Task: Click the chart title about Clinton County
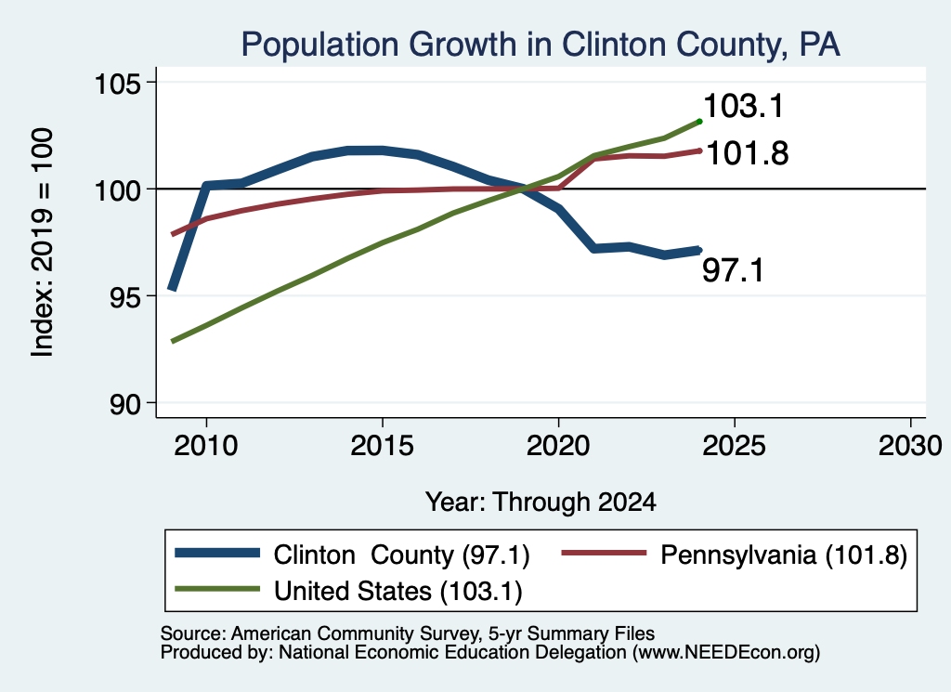[x=541, y=45]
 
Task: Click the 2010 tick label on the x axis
[x=206, y=447]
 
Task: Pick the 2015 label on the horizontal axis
[x=382, y=447]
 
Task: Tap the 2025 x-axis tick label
[x=734, y=447]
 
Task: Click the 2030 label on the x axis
[x=910, y=447]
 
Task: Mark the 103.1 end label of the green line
[x=744, y=106]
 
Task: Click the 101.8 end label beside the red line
[x=748, y=153]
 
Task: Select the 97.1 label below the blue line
[x=734, y=270]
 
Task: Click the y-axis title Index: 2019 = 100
[x=43, y=242]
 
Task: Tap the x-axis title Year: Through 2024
[x=541, y=503]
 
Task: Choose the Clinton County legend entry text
[x=401, y=555]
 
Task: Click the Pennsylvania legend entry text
[x=784, y=555]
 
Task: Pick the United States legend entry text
[x=397, y=592]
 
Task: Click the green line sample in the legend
[x=217, y=589]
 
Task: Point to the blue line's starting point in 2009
[x=172, y=289]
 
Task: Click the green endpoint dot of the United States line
[x=699, y=122]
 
